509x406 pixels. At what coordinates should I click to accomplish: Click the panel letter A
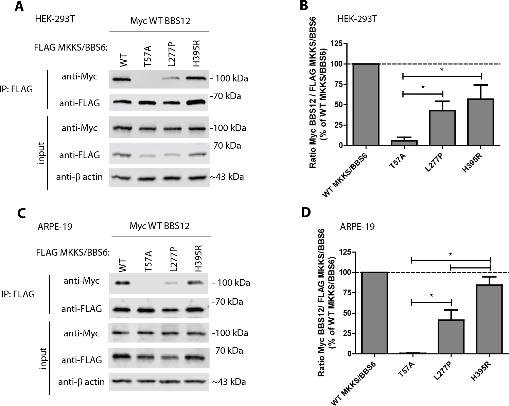[19, 7]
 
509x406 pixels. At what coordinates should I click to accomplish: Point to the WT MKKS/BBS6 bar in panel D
[374, 313]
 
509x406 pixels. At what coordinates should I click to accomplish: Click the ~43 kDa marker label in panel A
[227, 177]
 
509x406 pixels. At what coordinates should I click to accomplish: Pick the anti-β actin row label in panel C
[82, 382]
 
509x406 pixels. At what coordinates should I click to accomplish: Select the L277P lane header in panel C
[174, 259]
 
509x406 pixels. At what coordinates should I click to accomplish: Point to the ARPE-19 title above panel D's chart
[357, 226]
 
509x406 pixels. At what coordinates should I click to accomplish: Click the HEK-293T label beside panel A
[55, 19]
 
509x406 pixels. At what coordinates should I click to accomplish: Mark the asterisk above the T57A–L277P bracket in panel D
[431, 295]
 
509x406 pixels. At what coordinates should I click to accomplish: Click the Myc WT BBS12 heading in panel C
[160, 226]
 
